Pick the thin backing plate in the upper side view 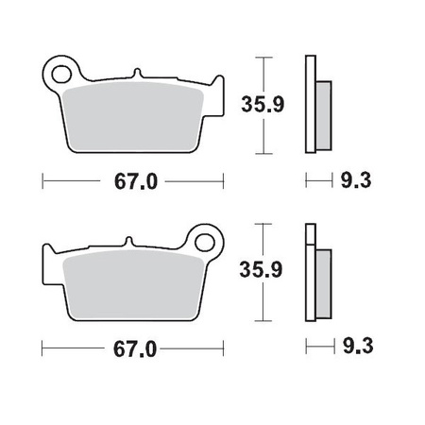309,104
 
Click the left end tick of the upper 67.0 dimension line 44,179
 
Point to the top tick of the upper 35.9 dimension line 265,56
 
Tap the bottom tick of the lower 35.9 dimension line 265,322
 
